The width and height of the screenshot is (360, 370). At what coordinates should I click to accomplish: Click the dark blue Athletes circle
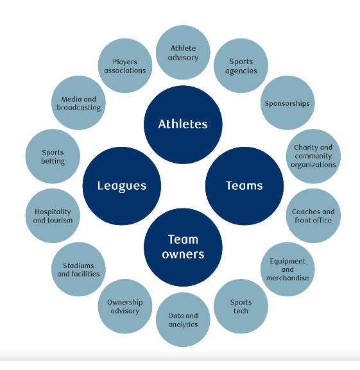click(x=183, y=124)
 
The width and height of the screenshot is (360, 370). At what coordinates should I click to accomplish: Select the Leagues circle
click(x=122, y=186)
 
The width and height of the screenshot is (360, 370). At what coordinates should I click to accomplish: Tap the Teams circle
click(x=244, y=186)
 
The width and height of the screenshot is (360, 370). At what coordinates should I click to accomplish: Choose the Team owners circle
click(x=183, y=248)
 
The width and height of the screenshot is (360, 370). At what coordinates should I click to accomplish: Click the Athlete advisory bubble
click(x=183, y=53)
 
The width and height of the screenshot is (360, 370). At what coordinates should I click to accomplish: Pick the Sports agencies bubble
click(x=241, y=65)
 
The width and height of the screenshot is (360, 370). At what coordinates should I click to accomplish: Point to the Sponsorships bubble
click(x=287, y=103)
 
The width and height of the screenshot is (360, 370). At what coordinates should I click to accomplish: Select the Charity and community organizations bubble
click(x=313, y=156)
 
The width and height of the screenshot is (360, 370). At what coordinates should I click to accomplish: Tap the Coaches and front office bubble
click(x=313, y=215)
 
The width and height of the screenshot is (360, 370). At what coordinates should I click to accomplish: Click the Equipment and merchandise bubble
click(x=287, y=269)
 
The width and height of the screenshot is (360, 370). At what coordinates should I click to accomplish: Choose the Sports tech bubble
click(x=241, y=307)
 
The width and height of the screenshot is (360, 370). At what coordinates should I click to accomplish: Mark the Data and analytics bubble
click(x=183, y=320)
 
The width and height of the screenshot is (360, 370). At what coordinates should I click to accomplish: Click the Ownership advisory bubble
click(x=125, y=307)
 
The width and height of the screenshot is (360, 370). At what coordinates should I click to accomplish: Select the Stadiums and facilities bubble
click(x=78, y=269)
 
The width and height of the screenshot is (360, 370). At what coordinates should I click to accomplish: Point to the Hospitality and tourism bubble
click(x=53, y=215)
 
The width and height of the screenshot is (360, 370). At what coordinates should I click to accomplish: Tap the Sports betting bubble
click(x=53, y=156)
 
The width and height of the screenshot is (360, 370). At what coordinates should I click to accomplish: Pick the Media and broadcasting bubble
click(x=78, y=103)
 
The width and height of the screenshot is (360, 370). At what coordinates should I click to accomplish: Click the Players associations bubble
click(x=125, y=65)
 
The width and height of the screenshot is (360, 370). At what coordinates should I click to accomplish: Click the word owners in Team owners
click(x=183, y=255)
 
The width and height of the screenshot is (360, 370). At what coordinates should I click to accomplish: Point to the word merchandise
click(x=287, y=278)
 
